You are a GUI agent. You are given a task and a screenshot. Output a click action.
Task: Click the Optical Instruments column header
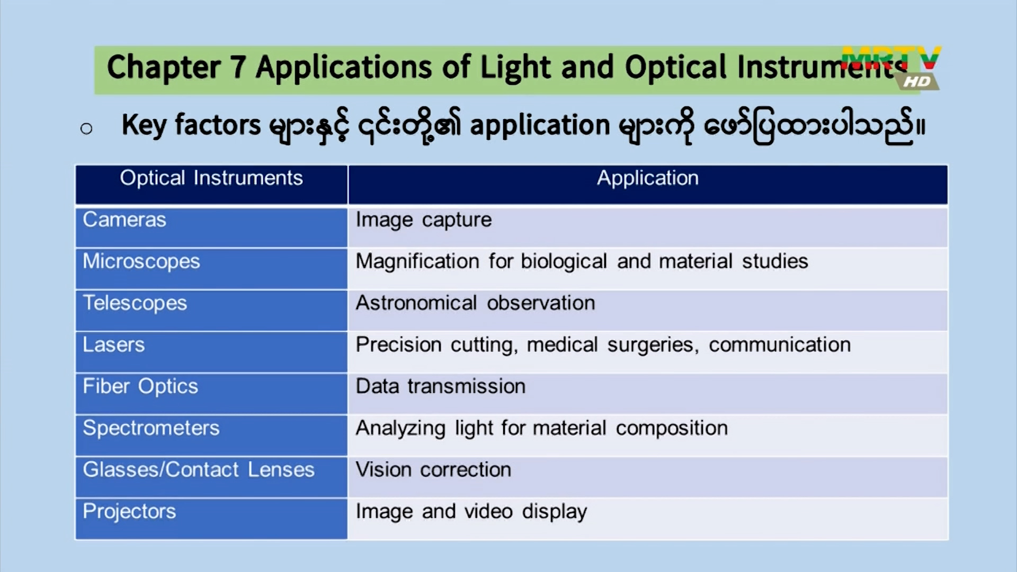point(211,178)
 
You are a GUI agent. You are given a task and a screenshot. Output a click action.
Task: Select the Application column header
point(648,178)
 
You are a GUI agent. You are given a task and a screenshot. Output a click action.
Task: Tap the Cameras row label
point(124,219)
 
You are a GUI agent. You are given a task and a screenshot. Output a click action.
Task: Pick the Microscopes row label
point(141,262)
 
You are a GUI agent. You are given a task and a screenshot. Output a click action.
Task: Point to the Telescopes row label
point(135,303)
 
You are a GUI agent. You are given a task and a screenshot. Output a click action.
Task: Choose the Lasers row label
point(114,345)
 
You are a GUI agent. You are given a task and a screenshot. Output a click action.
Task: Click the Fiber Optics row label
point(140,387)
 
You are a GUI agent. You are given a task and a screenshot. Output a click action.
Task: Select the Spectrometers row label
point(151,428)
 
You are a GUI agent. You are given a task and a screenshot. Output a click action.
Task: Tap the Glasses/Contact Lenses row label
point(199,470)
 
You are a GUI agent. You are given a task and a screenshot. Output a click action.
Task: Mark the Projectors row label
point(129,512)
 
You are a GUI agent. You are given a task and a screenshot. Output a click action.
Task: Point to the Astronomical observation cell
point(476,303)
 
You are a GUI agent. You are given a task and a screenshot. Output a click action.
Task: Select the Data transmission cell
point(441,387)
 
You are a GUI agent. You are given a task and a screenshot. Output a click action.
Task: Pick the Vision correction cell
point(433,470)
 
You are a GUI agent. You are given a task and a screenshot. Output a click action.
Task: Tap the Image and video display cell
point(471,512)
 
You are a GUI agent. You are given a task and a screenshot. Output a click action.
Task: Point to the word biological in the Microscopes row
point(564,262)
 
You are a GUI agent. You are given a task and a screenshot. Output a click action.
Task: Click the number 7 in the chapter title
point(238,67)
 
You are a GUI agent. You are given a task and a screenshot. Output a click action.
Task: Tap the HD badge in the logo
point(917,81)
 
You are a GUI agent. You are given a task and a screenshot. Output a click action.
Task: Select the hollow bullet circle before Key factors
point(86,128)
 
